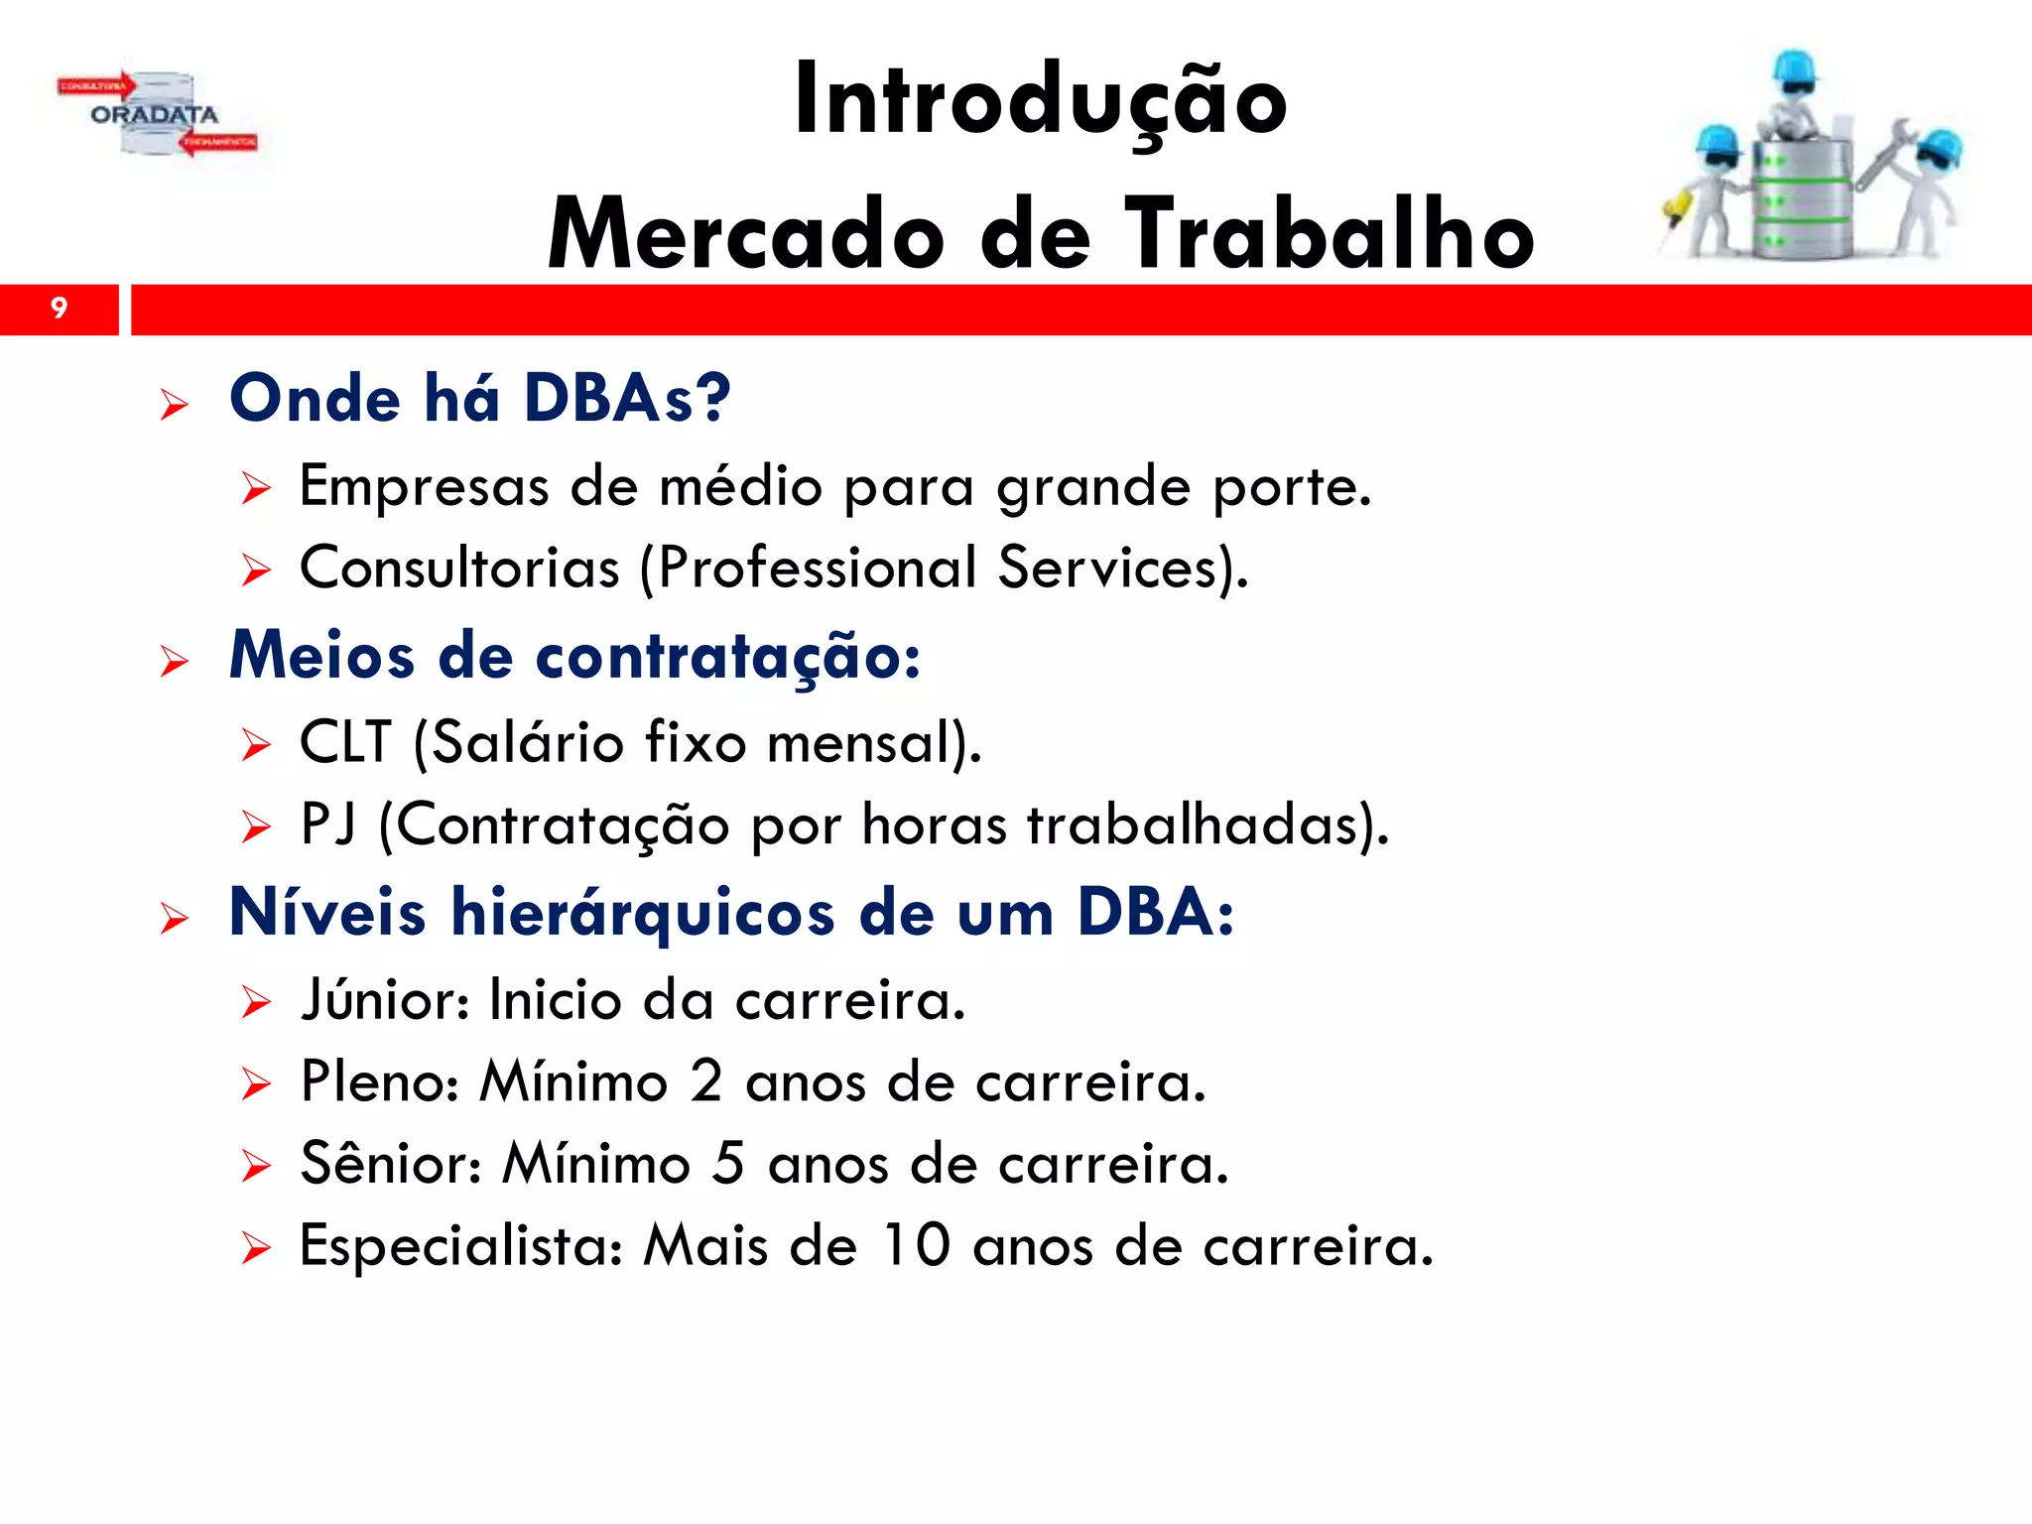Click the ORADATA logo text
pyautogui.click(x=154, y=115)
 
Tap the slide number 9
pyautogui.click(x=59, y=309)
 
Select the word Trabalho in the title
pyautogui.click(x=1330, y=235)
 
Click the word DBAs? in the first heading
pyautogui.click(x=627, y=399)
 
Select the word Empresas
pyautogui.click(x=424, y=487)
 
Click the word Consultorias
pyautogui.click(x=459, y=569)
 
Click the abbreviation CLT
pyautogui.click(x=345, y=742)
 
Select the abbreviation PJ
pyautogui.click(x=327, y=825)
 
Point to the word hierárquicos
pyautogui.click(x=643, y=913)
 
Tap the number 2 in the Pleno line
pyautogui.click(x=706, y=1081)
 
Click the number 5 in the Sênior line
pyautogui.click(x=728, y=1163)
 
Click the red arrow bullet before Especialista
pyautogui.click(x=256, y=1248)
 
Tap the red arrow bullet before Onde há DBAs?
pyautogui.click(x=174, y=405)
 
